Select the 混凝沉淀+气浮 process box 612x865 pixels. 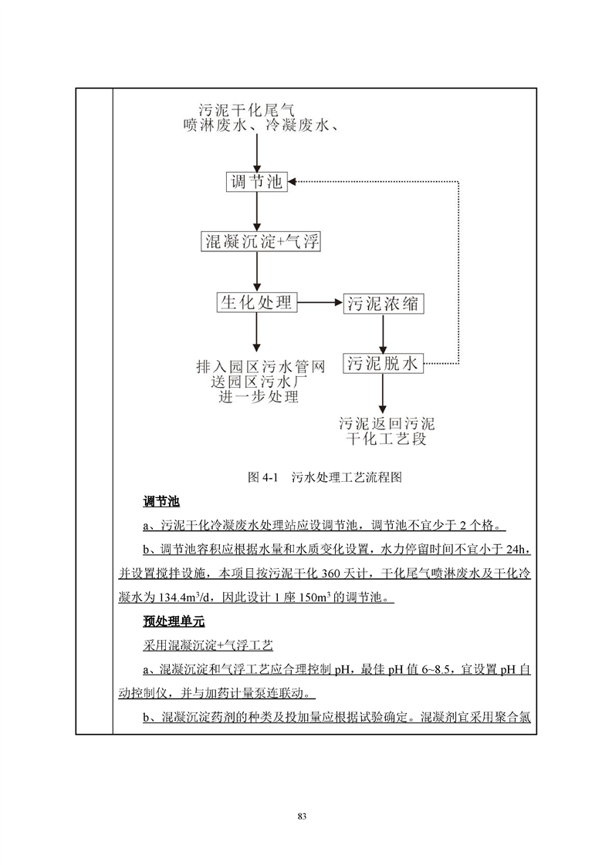coord(259,242)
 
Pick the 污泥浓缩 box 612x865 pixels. coord(384,303)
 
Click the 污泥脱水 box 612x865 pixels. coord(384,363)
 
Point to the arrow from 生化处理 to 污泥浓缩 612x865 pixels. coord(320,303)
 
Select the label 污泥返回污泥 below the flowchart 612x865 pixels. coord(386,424)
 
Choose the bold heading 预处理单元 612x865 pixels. coord(171,621)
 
